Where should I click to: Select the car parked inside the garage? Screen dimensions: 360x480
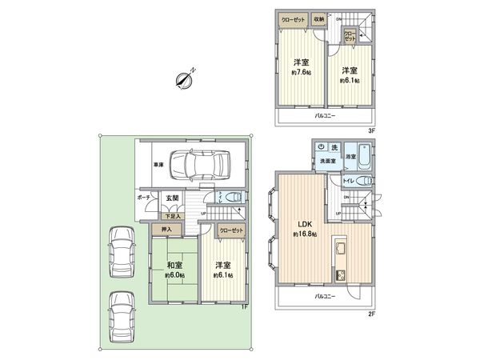coord(199,166)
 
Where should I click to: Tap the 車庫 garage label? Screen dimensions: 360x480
coord(159,166)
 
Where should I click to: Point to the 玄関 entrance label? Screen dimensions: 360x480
coord(171,198)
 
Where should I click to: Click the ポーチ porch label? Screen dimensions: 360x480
coord(144,197)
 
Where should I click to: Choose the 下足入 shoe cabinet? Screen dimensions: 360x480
coord(171,215)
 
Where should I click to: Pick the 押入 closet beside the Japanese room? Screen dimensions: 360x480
coord(169,230)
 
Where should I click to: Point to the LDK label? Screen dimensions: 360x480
coord(305,223)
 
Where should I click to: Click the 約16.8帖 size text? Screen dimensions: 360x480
coord(305,234)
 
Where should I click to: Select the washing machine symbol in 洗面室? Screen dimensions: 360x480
coord(321,147)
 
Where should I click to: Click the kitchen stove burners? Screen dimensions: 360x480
coord(341,275)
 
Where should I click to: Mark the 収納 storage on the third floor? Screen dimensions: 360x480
coord(319,18)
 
